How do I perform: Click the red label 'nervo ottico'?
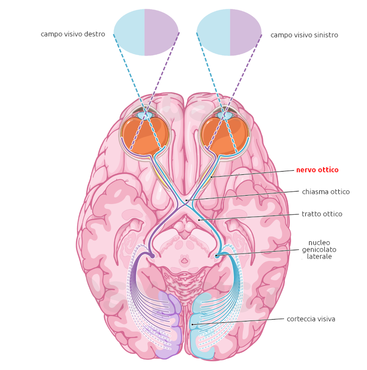(x=317, y=170)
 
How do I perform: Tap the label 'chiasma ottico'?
(x=325, y=191)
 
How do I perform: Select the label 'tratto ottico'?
(x=322, y=214)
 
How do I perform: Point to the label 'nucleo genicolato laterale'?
(x=319, y=249)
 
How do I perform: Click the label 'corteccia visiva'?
(x=310, y=319)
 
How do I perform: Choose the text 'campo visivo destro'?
(x=73, y=34)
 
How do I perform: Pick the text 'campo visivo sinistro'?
(x=304, y=35)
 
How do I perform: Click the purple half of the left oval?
(x=161, y=32)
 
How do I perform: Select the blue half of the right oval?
(x=214, y=32)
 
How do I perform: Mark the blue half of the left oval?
(x=129, y=32)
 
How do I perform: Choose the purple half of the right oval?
(x=246, y=32)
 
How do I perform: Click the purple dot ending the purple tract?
(x=152, y=256)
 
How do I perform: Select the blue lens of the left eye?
(x=145, y=114)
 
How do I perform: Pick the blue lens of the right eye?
(x=226, y=114)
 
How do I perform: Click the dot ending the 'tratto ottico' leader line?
(x=199, y=220)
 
